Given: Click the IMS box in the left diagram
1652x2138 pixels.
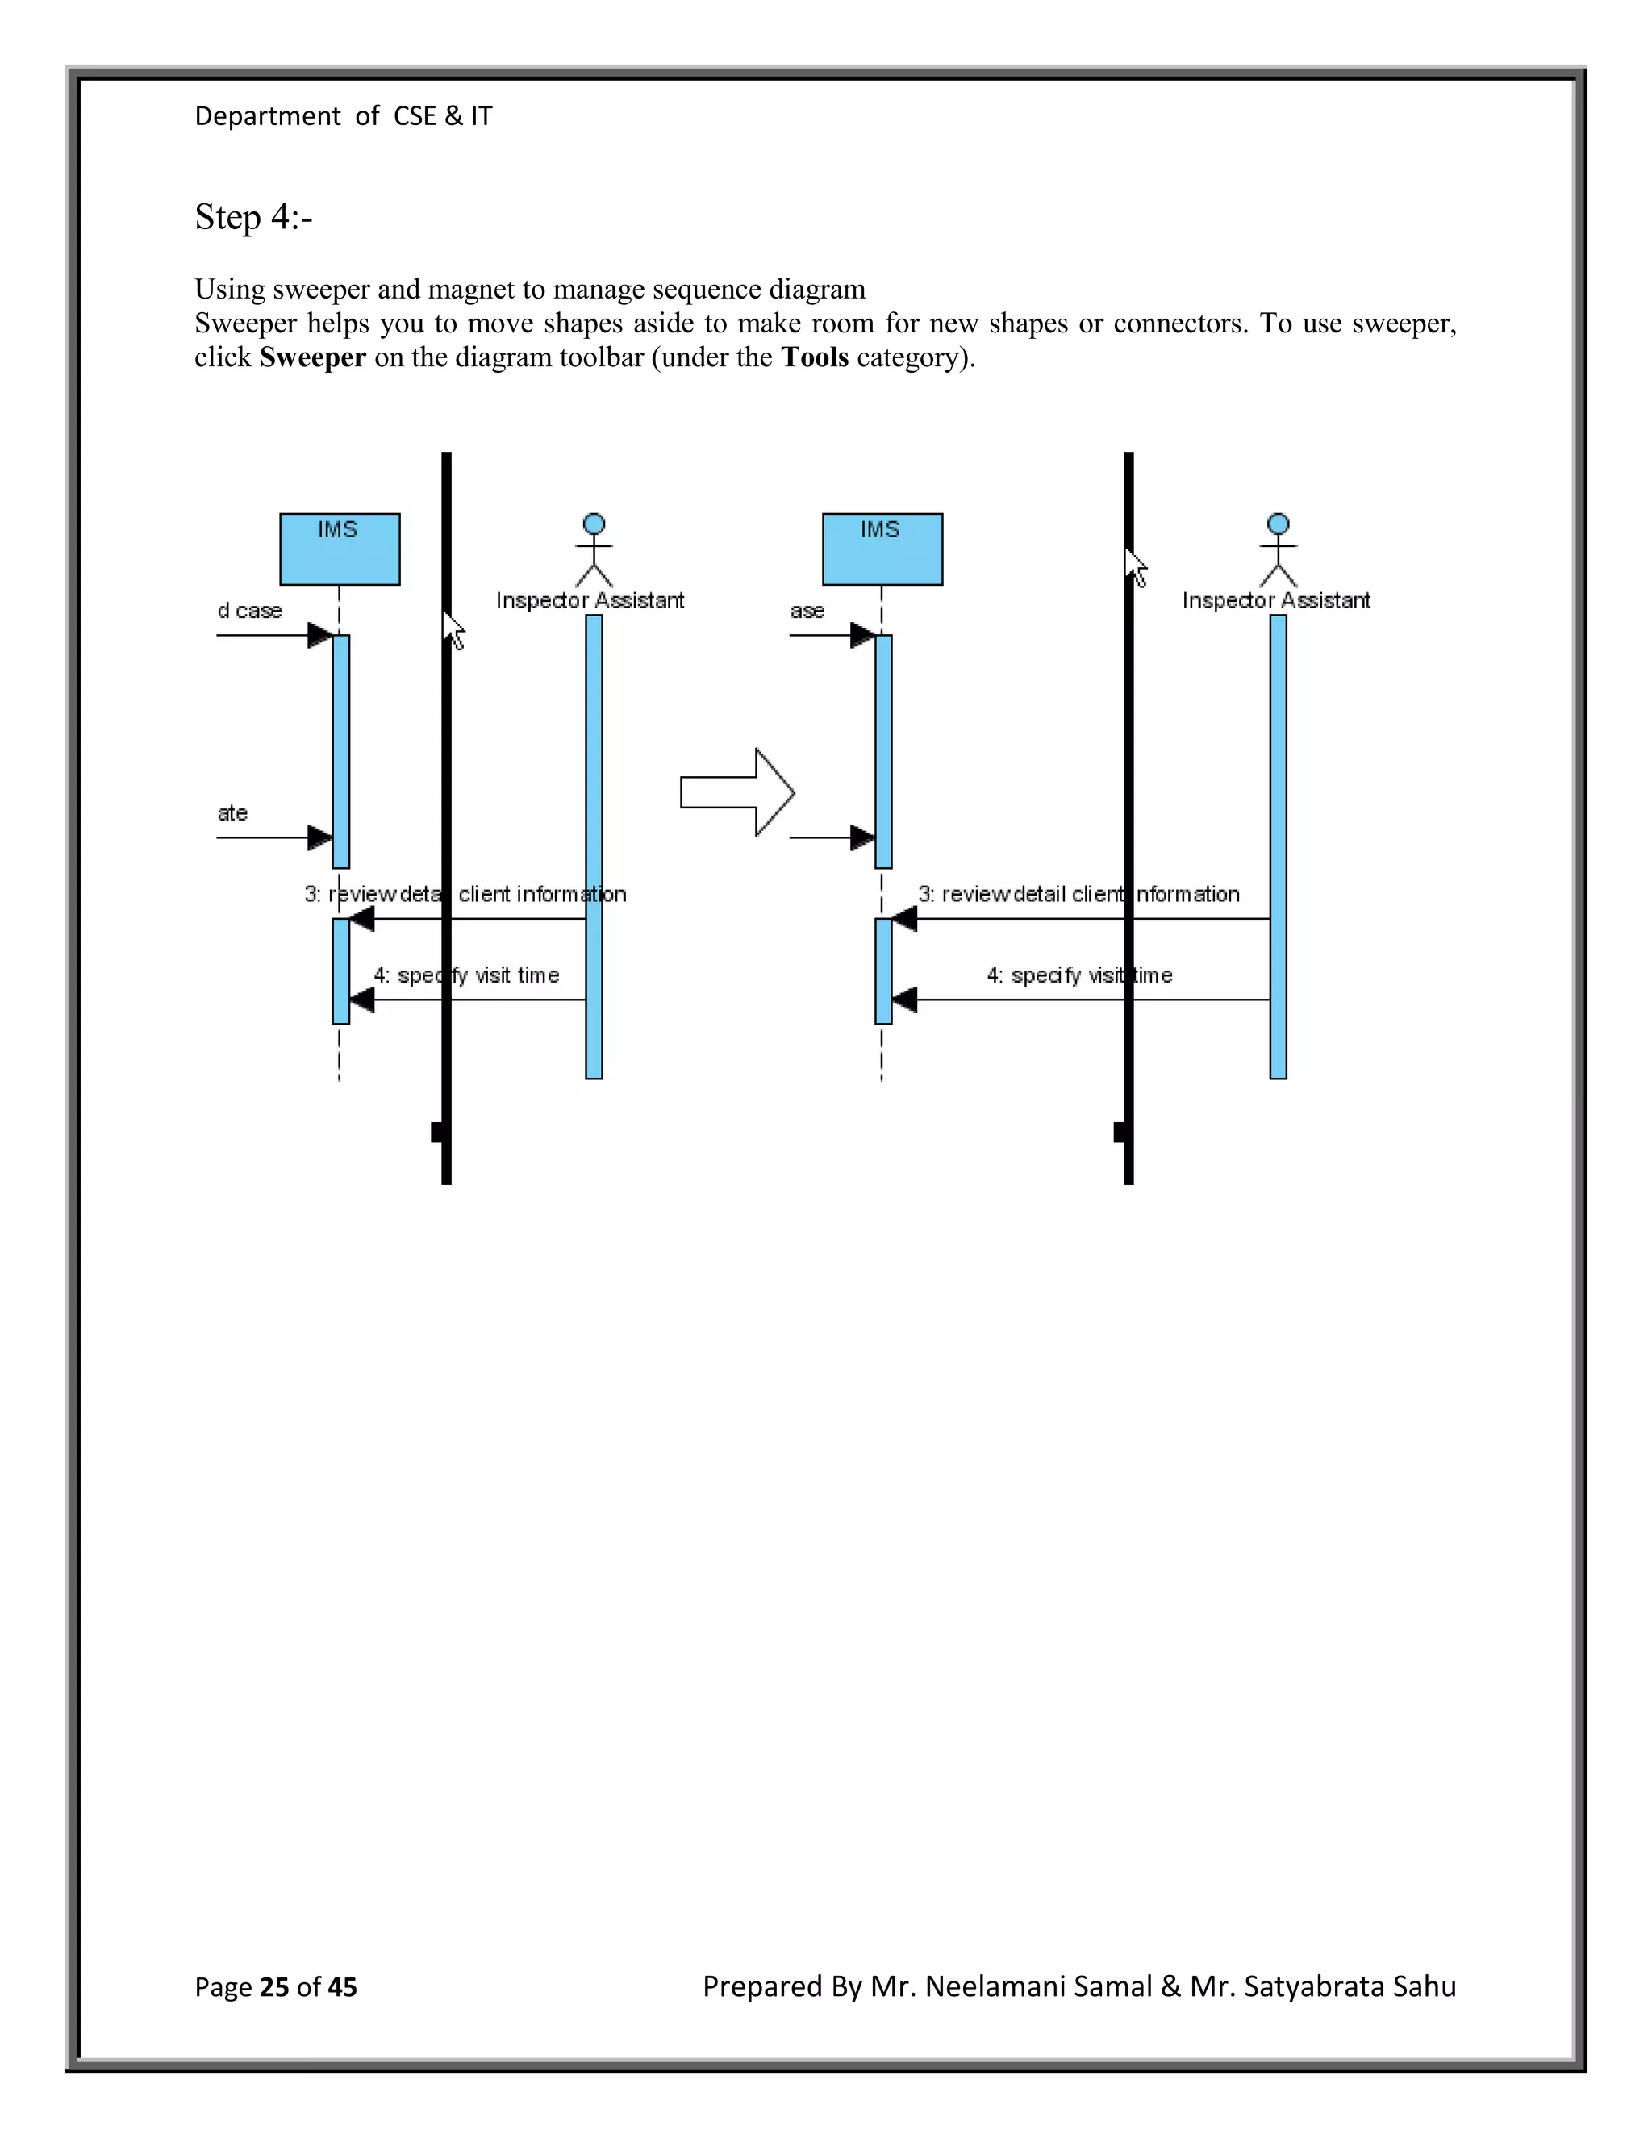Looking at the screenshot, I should [x=340, y=549].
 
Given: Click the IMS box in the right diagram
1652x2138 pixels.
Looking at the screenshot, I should [x=882, y=549].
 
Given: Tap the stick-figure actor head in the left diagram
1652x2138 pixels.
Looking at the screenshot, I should [x=593, y=524].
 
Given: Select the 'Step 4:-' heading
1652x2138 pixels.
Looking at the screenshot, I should [x=253, y=217].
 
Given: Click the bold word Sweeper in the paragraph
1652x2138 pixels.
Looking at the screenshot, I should [x=312, y=357].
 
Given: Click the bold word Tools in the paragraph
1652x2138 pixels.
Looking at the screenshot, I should [x=814, y=357].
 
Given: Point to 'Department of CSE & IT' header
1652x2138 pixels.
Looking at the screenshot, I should [x=344, y=116].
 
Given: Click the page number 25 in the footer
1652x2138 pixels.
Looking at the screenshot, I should [x=274, y=1987].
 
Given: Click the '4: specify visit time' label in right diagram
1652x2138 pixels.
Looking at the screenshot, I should [x=1078, y=975].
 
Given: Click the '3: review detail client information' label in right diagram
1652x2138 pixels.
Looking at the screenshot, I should [x=1078, y=894].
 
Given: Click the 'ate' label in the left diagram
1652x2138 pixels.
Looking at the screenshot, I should [x=232, y=813].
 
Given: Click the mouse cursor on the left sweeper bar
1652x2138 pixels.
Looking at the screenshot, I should [x=453, y=628].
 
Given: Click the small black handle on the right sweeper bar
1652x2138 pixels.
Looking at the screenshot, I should [x=1120, y=1133].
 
